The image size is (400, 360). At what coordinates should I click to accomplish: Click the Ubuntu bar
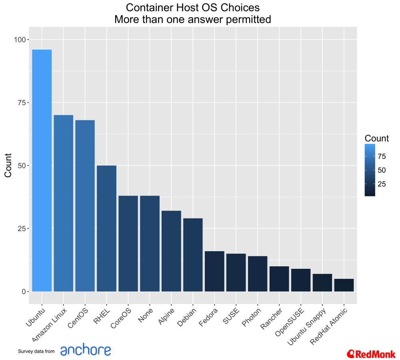pyautogui.click(x=42, y=170)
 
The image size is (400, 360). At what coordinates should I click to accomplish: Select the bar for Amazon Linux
pyautogui.click(x=64, y=203)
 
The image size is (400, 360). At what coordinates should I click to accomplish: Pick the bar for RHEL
pyautogui.click(x=107, y=228)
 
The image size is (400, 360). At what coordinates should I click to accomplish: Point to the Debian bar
pyautogui.click(x=193, y=255)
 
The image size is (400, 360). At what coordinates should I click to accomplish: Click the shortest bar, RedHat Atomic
pyautogui.click(x=344, y=285)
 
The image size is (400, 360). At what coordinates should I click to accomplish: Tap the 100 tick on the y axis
pyautogui.click(x=20, y=40)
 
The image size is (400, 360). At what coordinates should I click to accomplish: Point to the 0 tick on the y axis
pyautogui.click(x=23, y=292)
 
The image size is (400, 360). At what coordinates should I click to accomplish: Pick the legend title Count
pyautogui.click(x=376, y=138)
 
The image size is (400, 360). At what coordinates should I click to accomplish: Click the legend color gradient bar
pyautogui.click(x=370, y=170)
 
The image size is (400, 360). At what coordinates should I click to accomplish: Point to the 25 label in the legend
pyautogui.click(x=382, y=184)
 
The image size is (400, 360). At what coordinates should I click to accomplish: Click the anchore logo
pyautogui.click(x=86, y=350)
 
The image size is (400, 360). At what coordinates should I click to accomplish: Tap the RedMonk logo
pyautogui.click(x=371, y=354)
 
